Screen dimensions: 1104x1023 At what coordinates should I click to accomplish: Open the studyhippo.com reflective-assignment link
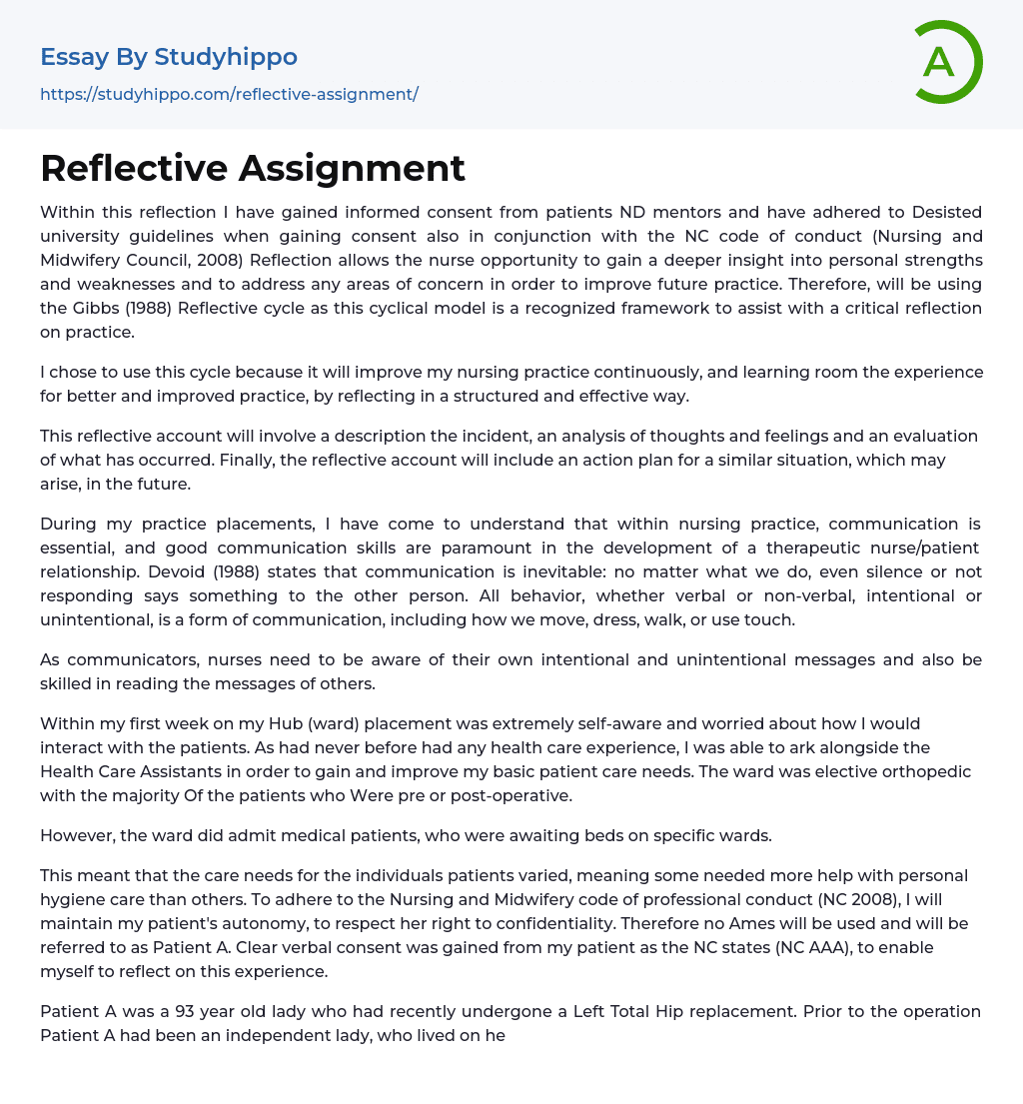click(x=229, y=94)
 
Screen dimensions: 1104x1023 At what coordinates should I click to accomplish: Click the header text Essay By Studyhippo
click(x=169, y=57)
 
